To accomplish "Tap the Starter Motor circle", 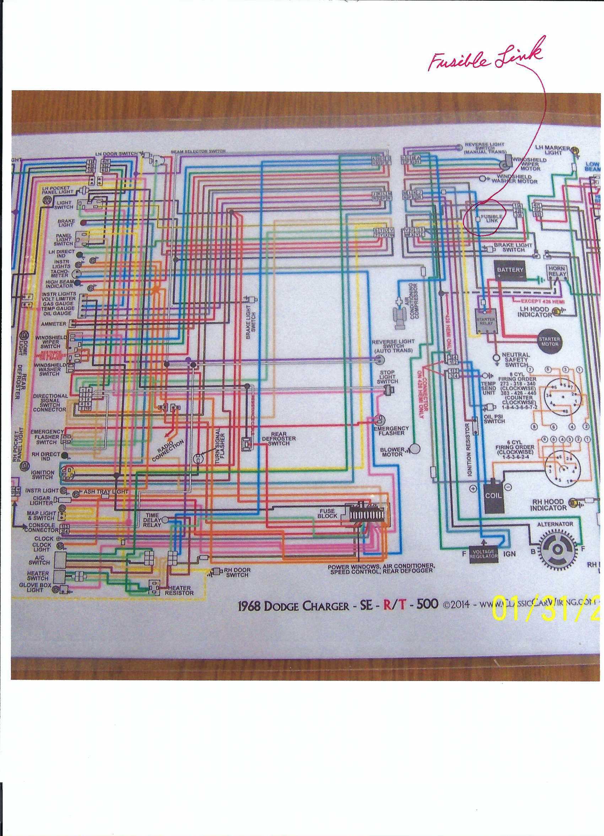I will [x=549, y=342].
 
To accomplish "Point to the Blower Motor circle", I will [x=415, y=449].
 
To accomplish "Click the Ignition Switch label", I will [x=43, y=475].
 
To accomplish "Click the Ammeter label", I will [x=54, y=324].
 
